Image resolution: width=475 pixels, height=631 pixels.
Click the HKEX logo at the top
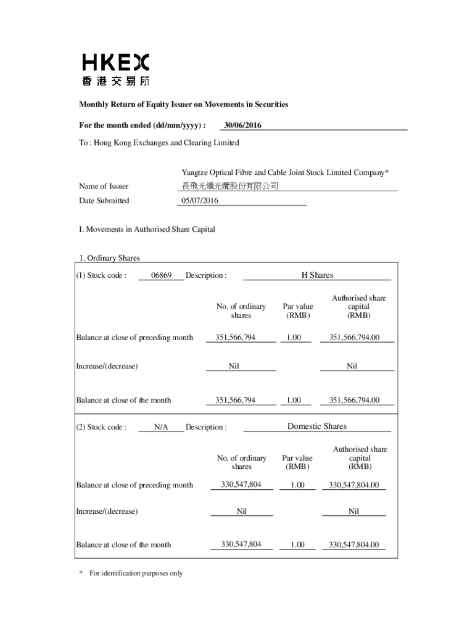pyautogui.click(x=116, y=70)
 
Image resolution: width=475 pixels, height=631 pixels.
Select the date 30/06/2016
pyautogui.click(x=242, y=126)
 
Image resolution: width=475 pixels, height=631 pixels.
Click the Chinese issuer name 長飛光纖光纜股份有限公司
pyautogui.click(x=229, y=186)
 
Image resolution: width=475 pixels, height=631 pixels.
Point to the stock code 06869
pyautogui.click(x=161, y=275)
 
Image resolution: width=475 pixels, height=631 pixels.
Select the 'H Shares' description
pyautogui.click(x=317, y=275)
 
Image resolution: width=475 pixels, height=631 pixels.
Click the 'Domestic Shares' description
pyautogui.click(x=317, y=426)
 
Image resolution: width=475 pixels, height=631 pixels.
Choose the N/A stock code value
pyautogui.click(x=161, y=427)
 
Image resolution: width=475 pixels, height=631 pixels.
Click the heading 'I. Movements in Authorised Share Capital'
pyautogui.click(x=147, y=229)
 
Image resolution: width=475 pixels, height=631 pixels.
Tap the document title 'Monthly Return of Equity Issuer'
pyautogui.click(x=183, y=105)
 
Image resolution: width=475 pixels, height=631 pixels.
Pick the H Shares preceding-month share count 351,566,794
pyautogui.click(x=235, y=337)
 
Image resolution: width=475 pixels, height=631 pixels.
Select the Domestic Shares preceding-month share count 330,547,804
pyautogui.click(x=241, y=485)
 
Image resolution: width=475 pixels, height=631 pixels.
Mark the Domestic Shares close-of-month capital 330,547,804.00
pyautogui.click(x=353, y=545)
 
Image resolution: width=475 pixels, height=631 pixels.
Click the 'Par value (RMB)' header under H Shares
pyautogui.click(x=298, y=311)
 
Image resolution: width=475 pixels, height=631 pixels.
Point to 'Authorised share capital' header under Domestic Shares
pyautogui.click(x=360, y=458)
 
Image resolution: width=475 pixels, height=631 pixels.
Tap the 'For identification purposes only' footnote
pyautogui.click(x=136, y=573)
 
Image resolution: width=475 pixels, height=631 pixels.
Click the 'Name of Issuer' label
pyautogui.click(x=104, y=186)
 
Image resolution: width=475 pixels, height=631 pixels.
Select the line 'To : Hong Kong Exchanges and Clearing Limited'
pyautogui.click(x=159, y=143)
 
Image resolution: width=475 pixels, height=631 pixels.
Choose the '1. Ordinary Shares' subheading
pyautogui.click(x=109, y=258)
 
